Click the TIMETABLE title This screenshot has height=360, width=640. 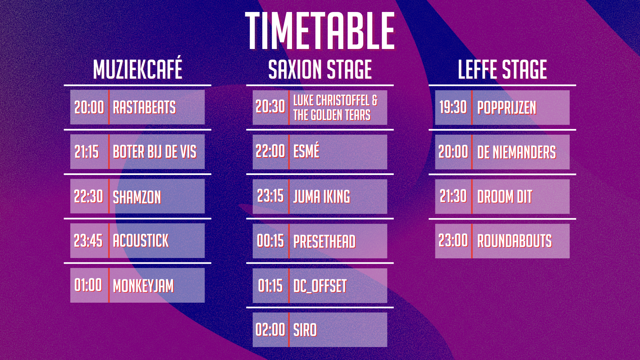click(320, 31)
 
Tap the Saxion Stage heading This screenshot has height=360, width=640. click(320, 70)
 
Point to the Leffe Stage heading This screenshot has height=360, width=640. click(502, 70)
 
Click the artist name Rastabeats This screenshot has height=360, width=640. click(144, 107)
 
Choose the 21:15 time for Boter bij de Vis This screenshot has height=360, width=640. click(87, 152)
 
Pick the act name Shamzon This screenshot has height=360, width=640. click(137, 197)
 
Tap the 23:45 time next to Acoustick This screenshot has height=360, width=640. click(88, 241)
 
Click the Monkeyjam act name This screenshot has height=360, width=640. click(143, 286)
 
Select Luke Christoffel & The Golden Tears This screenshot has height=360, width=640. click(335, 108)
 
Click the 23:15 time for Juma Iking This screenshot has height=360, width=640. click(270, 196)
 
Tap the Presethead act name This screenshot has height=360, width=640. click(324, 242)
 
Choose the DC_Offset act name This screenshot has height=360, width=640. click(320, 286)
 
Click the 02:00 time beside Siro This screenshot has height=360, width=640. click(270, 330)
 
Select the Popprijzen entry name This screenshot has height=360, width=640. click(507, 108)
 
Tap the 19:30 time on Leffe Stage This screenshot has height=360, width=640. click(453, 107)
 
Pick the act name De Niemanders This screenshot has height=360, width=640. click(517, 152)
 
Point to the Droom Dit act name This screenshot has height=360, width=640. click(505, 197)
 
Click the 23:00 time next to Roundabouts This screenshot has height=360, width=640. click(453, 240)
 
